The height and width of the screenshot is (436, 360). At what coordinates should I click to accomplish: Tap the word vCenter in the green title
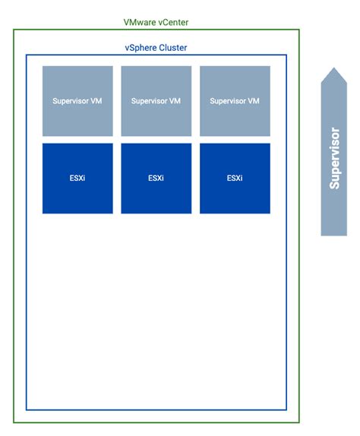[x=172, y=22]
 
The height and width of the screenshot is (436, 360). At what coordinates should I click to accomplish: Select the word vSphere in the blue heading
[x=141, y=48]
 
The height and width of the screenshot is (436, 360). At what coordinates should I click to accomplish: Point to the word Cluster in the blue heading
[x=173, y=48]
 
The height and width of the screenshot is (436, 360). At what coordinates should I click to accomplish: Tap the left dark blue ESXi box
[x=77, y=179]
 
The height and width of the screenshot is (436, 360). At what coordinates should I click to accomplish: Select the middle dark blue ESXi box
[x=156, y=179]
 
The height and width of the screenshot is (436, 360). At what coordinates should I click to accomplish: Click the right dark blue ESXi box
[x=235, y=179]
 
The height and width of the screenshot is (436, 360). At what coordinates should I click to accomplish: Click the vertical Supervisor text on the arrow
[x=334, y=158]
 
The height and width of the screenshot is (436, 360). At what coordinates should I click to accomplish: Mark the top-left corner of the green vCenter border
[x=14, y=30]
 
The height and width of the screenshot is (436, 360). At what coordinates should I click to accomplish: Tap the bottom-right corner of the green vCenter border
[x=299, y=422]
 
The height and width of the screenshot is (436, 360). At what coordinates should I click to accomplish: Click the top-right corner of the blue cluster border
[x=286, y=55]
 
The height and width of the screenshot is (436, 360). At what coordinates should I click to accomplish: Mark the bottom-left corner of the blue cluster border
[x=27, y=409]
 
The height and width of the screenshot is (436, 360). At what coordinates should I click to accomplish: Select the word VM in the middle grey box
[x=174, y=101]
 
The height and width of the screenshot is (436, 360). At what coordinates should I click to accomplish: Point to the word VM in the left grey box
[x=96, y=101]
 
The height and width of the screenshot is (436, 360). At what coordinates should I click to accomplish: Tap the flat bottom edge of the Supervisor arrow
[x=333, y=235]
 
